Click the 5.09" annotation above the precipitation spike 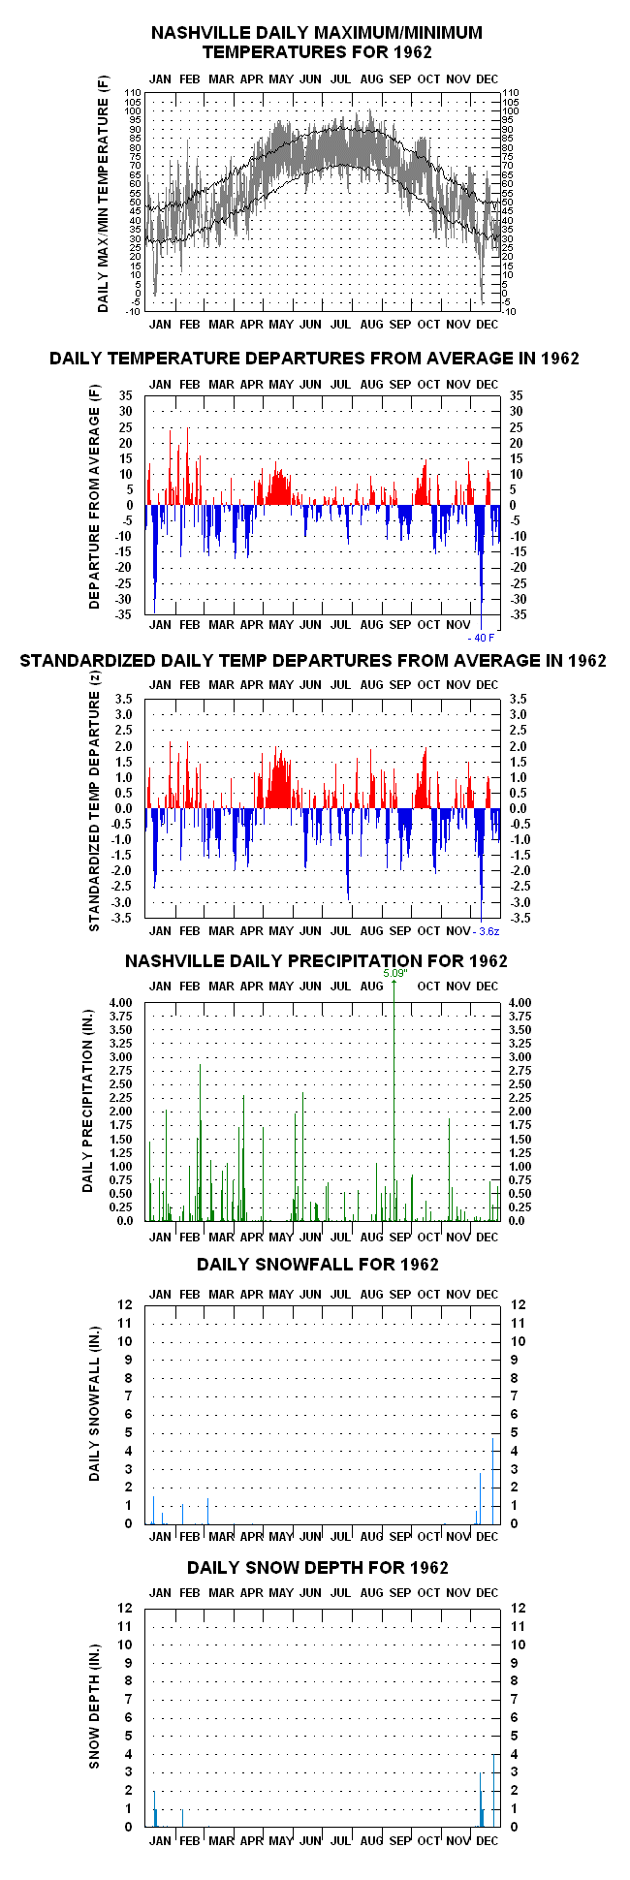394,973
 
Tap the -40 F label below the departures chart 481,637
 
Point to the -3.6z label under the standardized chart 487,931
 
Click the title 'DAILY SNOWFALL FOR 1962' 318,1264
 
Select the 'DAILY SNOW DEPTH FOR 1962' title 318,1567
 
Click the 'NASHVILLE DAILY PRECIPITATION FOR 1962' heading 316,960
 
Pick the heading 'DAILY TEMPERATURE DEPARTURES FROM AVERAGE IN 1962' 314,358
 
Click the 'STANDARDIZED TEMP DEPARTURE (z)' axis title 95,812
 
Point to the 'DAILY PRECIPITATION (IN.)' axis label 88,1112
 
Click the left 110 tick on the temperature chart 133,92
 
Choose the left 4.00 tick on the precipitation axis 121,1003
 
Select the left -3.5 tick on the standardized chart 124,918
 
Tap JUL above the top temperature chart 340,78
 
